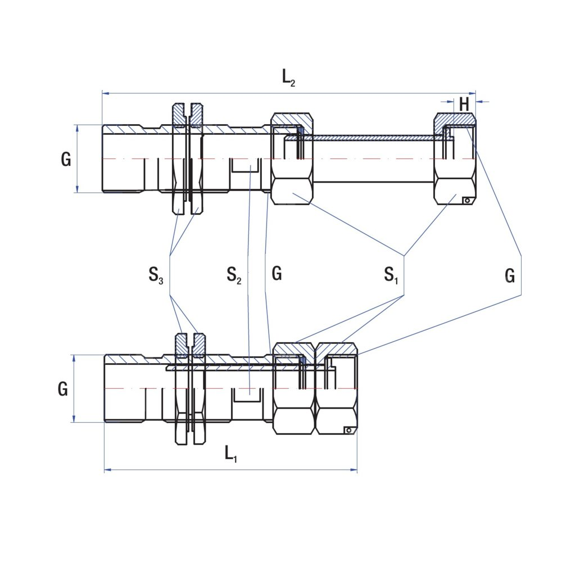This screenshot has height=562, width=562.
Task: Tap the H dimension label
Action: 464,104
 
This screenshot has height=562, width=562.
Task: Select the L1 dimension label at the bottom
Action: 231,453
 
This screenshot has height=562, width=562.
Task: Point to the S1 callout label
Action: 391,275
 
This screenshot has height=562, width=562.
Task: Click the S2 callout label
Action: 234,275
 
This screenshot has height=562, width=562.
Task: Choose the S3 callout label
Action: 156,275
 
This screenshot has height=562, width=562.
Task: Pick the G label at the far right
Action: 510,275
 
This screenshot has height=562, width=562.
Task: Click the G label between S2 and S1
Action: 277,274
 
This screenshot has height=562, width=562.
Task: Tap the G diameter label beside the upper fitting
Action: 66,160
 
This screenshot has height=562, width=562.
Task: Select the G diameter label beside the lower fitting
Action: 63,389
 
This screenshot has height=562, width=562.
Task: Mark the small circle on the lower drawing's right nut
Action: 348,430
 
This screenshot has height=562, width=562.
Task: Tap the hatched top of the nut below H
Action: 455,119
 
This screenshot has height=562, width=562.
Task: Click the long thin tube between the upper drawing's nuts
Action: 371,138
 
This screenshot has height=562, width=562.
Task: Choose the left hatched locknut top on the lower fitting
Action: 181,344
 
